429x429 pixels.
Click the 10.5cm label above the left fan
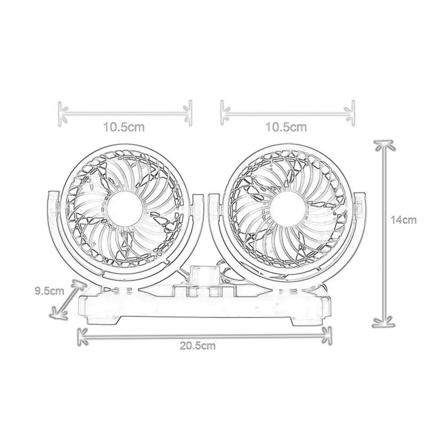pos(124,127)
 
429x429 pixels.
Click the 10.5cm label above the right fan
pos(286,127)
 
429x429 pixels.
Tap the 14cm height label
pos(404,220)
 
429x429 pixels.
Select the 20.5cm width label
pos(198,346)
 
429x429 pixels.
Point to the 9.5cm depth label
pos(49,291)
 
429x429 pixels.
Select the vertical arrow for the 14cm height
pos(385,234)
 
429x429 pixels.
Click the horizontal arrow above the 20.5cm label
pos(205,336)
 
